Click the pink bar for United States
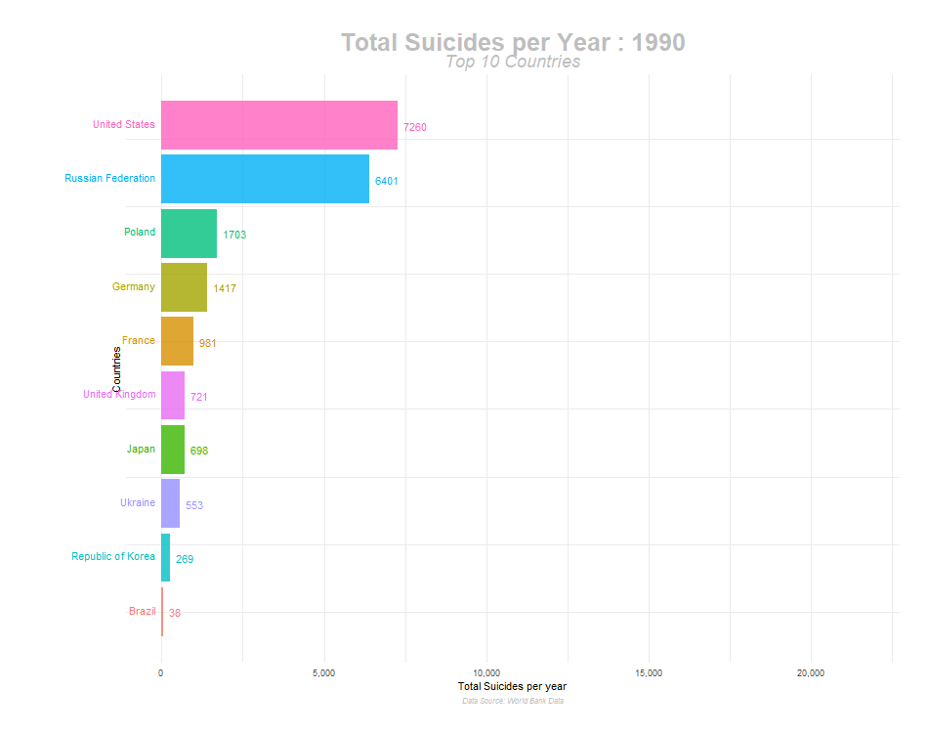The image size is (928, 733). coord(279,125)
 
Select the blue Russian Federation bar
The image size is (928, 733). coord(265,179)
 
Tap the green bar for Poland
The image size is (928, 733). coord(189,234)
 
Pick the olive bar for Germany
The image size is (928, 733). coord(184,287)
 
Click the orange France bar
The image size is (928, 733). coord(177,341)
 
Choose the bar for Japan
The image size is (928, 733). coord(173,450)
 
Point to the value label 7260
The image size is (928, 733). coord(415,127)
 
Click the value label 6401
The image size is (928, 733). coord(386,182)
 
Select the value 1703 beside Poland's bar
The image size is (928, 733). coord(234,236)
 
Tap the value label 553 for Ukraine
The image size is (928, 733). coord(194,506)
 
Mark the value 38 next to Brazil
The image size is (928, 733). coord(174,614)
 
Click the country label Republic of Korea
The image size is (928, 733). coord(113,557)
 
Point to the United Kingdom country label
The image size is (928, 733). coord(119,395)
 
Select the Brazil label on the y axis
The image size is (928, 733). coord(142,612)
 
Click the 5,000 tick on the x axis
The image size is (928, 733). coord(324,673)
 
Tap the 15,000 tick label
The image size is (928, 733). coord(649,673)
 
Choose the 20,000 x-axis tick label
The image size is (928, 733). coord(811,673)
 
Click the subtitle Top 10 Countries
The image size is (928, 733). coord(513,62)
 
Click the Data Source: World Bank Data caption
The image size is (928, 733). coord(513,701)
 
